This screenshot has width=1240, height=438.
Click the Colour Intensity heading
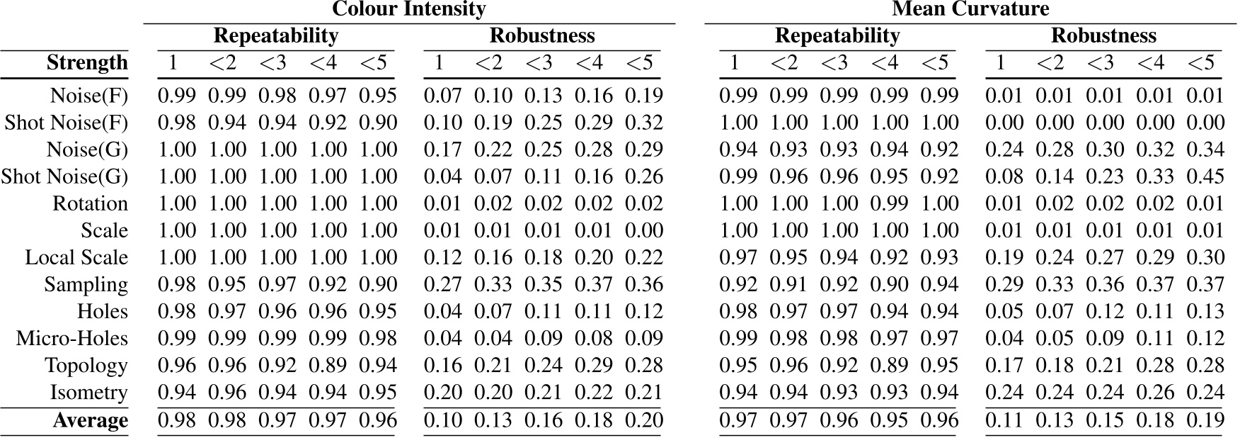tap(408, 9)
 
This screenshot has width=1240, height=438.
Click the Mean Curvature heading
tap(970, 9)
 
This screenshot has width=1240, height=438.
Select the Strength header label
tap(87, 63)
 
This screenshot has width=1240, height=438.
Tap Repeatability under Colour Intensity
tap(275, 35)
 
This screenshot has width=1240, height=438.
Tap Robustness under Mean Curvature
tap(1103, 35)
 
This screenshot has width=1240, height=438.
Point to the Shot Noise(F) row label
tap(66, 123)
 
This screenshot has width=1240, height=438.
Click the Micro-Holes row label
tap(71, 339)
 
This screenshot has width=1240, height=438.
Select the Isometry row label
tap(88, 393)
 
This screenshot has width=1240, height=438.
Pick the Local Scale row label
tap(76, 258)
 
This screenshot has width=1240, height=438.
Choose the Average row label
tap(90, 421)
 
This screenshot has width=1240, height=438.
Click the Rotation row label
tap(90, 204)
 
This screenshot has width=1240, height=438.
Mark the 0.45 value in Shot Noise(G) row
tap(1205, 177)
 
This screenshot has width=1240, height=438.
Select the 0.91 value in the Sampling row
tap(788, 285)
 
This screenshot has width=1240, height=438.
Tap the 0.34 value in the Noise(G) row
tap(1205, 150)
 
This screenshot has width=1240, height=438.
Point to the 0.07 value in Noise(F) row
tap(442, 96)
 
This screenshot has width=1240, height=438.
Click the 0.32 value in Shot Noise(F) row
tap(643, 123)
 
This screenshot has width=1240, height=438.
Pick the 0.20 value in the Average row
tap(643, 421)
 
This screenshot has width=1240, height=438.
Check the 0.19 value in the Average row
tap(1205, 421)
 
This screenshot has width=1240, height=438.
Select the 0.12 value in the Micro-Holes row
tap(1205, 339)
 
